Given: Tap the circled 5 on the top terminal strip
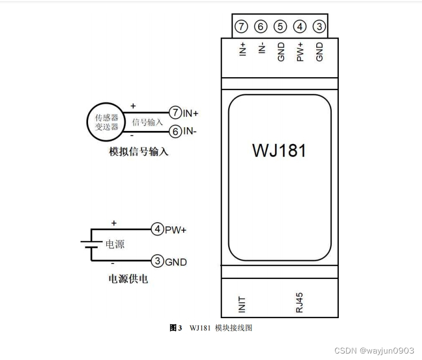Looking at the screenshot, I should tap(280, 26).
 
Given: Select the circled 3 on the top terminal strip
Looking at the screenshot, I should tap(319, 26).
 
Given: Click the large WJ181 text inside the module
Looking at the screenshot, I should tap(279, 150).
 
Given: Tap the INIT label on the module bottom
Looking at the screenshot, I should tap(242, 304).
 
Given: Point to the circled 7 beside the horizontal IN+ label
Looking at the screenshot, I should tap(175, 113).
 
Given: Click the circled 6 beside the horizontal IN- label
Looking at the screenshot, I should tap(175, 131).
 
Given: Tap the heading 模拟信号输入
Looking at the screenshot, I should tap(139, 152).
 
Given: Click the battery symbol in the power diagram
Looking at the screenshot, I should tap(90, 245).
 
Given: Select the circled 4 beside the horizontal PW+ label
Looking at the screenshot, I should tap(157, 230).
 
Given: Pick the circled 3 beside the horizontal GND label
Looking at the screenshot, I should tap(157, 261).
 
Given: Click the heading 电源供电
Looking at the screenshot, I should tap(128, 280).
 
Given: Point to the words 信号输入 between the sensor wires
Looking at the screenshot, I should tap(147, 122).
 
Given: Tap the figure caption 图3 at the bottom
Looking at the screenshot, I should tap(176, 328).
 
